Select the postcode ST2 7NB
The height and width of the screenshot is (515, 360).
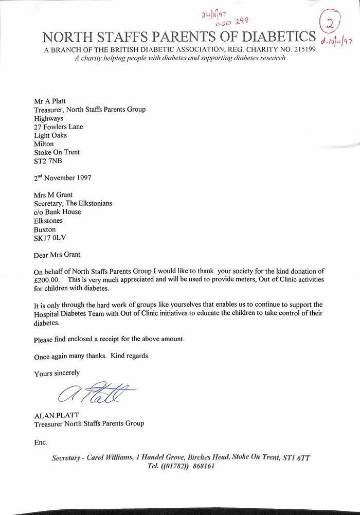48,161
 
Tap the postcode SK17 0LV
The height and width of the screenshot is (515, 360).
50,238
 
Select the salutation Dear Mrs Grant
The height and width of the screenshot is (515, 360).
57,255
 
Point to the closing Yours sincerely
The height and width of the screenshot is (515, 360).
57,373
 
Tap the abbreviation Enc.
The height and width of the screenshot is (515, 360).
41,442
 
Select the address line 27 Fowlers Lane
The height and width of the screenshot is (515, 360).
58,127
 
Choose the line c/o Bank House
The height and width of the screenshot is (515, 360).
58,211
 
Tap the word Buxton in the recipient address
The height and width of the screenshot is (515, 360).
45,229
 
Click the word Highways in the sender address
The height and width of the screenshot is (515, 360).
49,118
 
